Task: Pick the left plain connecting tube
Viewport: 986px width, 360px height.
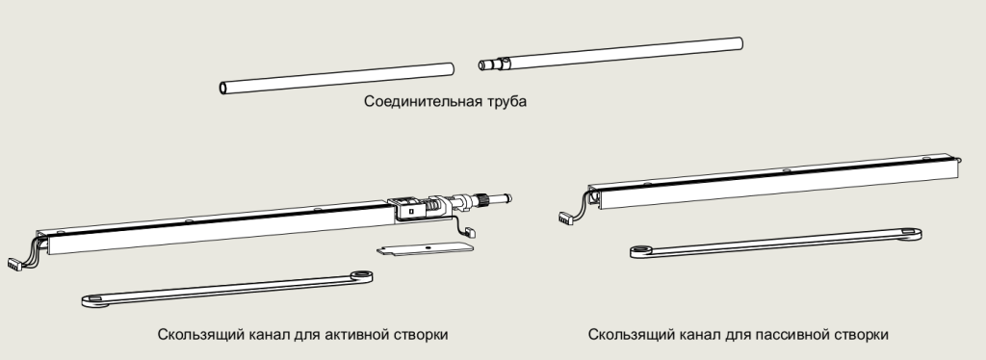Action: pyautogui.click(x=336, y=78)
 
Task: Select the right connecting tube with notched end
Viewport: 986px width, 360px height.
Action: pyautogui.click(x=610, y=54)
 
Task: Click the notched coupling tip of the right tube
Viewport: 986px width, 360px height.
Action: pyautogui.click(x=489, y=64)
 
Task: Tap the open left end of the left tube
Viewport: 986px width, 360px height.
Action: pyautogui.click(x=222, y=88)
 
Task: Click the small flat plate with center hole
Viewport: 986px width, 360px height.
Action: pyautogui.click(x=425, y=248)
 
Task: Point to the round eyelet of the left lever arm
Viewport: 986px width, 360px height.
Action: pyautogui.click(x=361, y=275)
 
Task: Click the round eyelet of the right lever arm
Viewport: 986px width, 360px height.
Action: pyautogui.click(x=641, y=250)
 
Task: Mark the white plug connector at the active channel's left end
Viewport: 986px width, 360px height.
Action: pyautogui.click(x=13, y=264)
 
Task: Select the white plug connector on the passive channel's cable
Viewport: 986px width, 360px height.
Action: pyautogui.click(x=564, y=218)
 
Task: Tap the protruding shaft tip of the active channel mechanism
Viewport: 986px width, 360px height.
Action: pyautogui.click(x=503, y=198)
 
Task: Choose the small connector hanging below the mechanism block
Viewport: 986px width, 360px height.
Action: pyautogui.click(x=471, y=232)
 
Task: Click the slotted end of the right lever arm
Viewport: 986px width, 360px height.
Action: pyautogui.click(x=909, y=234)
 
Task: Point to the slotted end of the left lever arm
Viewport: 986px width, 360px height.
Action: pyautogui.click(x=94, y=299)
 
